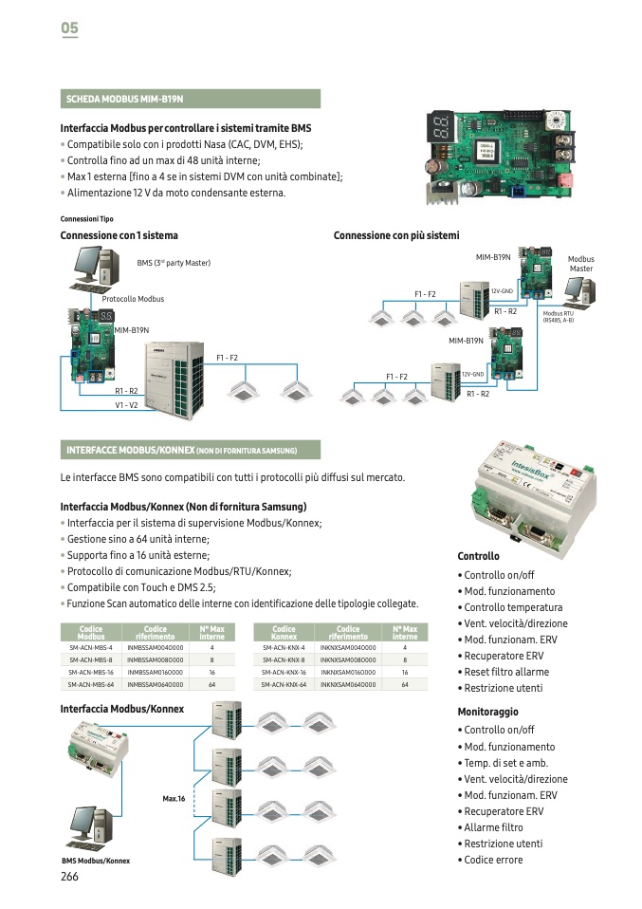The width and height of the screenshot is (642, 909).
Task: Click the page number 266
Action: coord(69,877)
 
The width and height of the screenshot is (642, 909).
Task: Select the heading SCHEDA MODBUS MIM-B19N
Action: coord(124,99)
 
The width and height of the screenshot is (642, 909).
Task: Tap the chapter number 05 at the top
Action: coord(69,29)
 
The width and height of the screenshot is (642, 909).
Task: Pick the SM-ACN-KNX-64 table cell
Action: coord(284,683)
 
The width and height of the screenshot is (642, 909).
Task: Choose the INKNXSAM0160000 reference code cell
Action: coord(348,671)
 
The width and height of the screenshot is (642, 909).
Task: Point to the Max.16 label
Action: coord(173,799)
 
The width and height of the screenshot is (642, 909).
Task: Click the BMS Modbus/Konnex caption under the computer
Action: coord(96,861)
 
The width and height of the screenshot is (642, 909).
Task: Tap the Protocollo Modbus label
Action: coord(133,299)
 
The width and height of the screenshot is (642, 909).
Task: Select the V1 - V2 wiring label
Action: coord(126,405)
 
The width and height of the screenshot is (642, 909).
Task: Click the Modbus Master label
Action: coord(580,264)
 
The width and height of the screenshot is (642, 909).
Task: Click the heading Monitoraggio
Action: coord(488,712)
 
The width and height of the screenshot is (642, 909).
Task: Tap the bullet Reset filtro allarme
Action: coord(506,672)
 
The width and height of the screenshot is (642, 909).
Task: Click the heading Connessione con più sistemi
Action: coord(396,235)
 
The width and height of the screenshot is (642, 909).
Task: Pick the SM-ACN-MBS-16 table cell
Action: coord(91,671)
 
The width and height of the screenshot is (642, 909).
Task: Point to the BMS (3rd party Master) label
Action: coord(174,263)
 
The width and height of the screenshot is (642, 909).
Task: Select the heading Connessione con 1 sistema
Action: coord(119,235)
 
